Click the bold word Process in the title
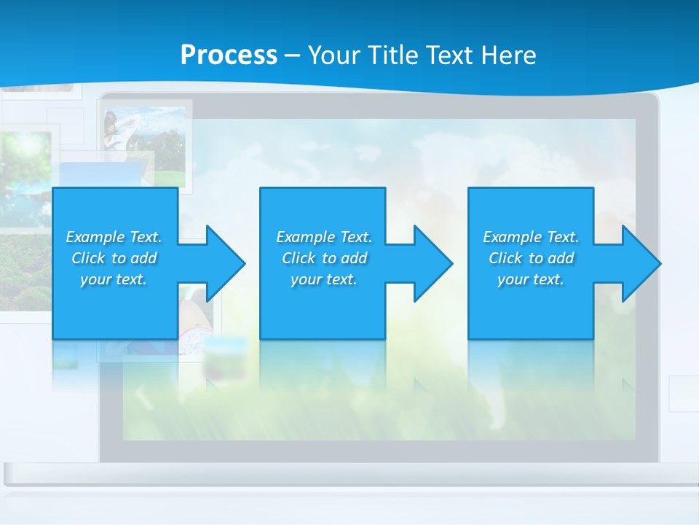229,55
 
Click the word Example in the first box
95,237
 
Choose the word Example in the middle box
306,237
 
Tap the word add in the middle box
354,258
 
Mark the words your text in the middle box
323,279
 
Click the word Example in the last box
513,237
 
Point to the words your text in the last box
530,279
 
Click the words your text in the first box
114,279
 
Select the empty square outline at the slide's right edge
684,394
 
